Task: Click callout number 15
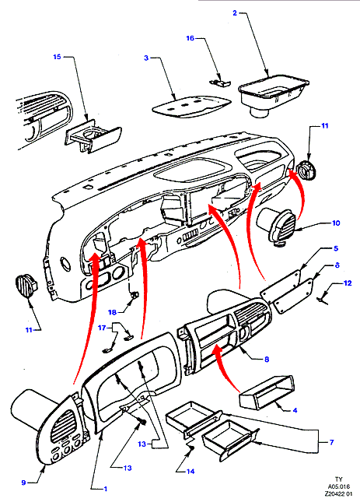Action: click(57, 57)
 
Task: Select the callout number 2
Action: click(235, 13)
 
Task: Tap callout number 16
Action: click(190, 38)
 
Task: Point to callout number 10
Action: click(336, 223)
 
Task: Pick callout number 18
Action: click(112, 312)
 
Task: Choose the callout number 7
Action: click(331, 442)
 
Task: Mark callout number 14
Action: click(190, 472)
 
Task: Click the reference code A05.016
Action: click(338, 486)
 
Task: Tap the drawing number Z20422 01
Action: click(338, 494)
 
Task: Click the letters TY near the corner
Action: click(338, 479)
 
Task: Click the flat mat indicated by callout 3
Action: click(191, 107)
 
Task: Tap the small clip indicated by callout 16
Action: click(220, 82)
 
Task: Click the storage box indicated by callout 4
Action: click(267, 392)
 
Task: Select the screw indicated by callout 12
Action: click(322, 300)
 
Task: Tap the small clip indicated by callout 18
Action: click(135, 294)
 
